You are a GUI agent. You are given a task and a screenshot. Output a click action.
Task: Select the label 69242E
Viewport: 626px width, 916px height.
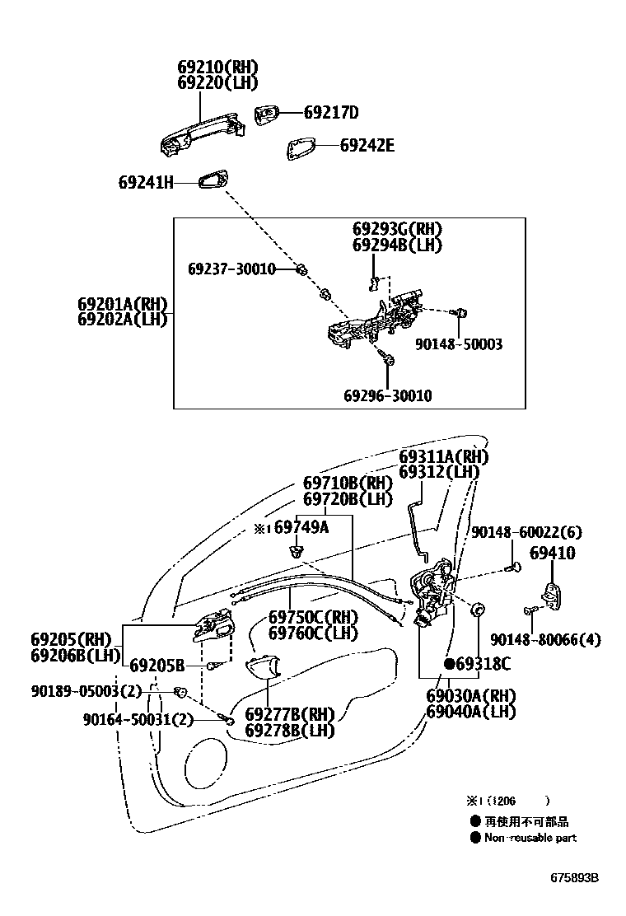(367, 146)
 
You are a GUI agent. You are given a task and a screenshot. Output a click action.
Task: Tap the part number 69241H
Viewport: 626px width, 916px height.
(146, 183)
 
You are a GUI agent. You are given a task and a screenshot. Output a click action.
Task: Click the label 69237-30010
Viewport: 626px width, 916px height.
(231, 269)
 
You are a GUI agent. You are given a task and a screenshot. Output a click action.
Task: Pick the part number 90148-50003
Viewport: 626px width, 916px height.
(459, 344)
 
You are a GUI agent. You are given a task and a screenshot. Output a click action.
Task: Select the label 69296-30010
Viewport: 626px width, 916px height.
(387, 396)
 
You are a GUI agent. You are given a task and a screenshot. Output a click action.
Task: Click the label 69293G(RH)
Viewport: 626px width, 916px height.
(397, 229)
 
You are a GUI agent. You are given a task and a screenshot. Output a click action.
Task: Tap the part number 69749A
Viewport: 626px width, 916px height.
(301, 527)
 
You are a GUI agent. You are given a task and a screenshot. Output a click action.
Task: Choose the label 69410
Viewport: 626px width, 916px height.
(552, 554)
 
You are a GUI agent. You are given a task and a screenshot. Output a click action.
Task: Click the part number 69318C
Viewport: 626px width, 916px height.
(483, 663)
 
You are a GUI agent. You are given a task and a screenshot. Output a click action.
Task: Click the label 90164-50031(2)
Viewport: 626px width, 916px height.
(138, 720)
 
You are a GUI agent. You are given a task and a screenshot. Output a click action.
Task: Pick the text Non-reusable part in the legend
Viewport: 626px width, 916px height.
(530, 838)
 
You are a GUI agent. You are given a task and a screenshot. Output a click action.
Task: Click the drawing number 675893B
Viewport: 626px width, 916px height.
(574, 878)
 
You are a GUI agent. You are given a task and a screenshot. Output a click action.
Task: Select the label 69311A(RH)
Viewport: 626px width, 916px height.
(443, 456)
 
